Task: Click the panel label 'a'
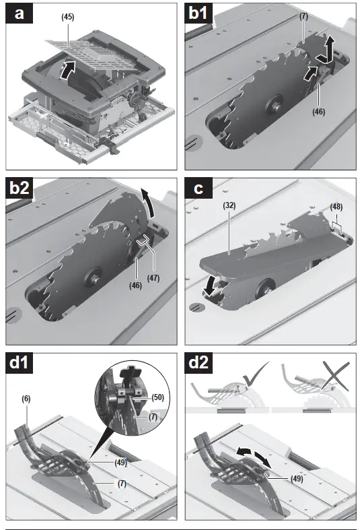pyautogui.click(x=20, y=13)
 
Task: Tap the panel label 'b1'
pyautogui.click(x=199, y=13)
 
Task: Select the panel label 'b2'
pyautogui.click(x=20, y=189)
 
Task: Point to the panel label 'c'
pyautogui.click(x=199, y=189)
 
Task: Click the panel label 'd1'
pyautogui.click(x=20, y=364)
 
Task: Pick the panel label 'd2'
pyautogui.click(x=199, y=364)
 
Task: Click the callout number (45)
pyautogui.click(x=67, y=17)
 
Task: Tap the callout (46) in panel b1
pyautogui.click(x=318, y=112)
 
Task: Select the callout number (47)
pyautogui.click(x=153, y=278)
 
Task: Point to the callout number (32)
pyautogui.click(x=229, y=205)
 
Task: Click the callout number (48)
pyautogui.click(x=336, y=207)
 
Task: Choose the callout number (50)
pyautogui.click(x=157, y=397)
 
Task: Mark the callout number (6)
pyautogui.click(x=26, y=399)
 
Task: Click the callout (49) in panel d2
pyautogui.click(x=297, y=479)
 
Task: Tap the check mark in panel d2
pyautogui.click(x=255, y=374)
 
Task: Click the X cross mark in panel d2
pyautogui.click(x=336, y=375)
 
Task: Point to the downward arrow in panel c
pyautogui.click(x=210, y=287)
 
